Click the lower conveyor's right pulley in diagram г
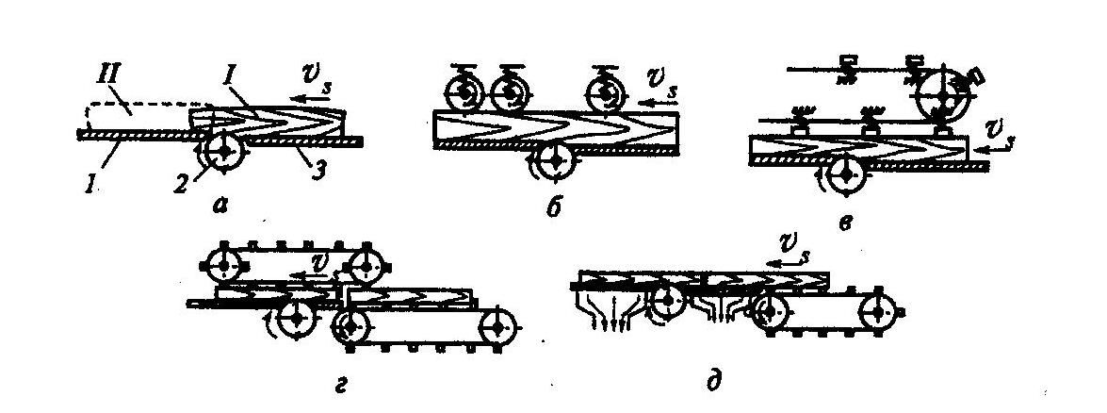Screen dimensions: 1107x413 coord(499,326)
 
